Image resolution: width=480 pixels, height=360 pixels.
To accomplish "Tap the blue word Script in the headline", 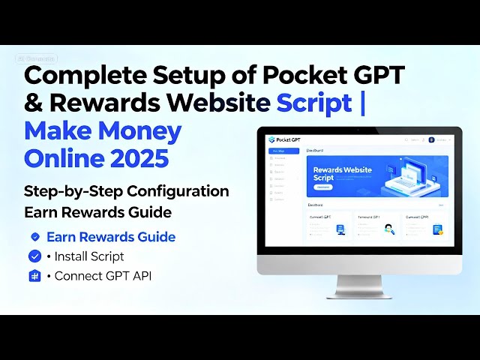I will pyautogui.click(x=314, y=103).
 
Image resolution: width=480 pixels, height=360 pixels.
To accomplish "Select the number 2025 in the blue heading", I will pyautogui.click(x=140, y=158).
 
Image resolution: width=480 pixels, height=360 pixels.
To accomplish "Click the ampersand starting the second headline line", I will pyautogui.click(x=34, y=103).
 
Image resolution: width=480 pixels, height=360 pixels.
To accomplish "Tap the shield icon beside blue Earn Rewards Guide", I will pyautogui.click(x=34, y=237).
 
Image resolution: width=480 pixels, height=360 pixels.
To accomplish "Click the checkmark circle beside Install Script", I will pyautogui.click(x=34, y=256).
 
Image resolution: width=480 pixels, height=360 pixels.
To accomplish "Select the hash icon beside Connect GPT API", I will pyautogui.click(x=34, y=275).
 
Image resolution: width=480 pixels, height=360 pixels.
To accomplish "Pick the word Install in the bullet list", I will pyautogui.click(x=75, y=256).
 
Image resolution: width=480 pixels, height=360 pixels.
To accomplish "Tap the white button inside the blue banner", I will pyautogui.click(x=322, y=187).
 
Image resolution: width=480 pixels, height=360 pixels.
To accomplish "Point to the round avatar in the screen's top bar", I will pyautogui.click(x=431, y=139).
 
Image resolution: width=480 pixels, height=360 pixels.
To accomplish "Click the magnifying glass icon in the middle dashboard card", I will pyautogui.click(x=389, y=229).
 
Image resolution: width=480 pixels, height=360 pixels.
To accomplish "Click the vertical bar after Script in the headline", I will pyautogui.click(x=363, y=103).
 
